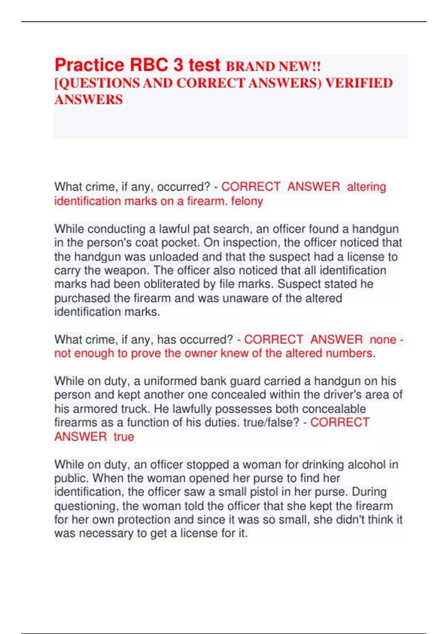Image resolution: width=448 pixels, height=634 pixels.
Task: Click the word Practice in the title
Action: point(89,65)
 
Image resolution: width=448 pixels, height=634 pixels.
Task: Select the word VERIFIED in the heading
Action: point(359,83)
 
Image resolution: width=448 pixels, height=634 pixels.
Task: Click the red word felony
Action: point(247,201)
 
